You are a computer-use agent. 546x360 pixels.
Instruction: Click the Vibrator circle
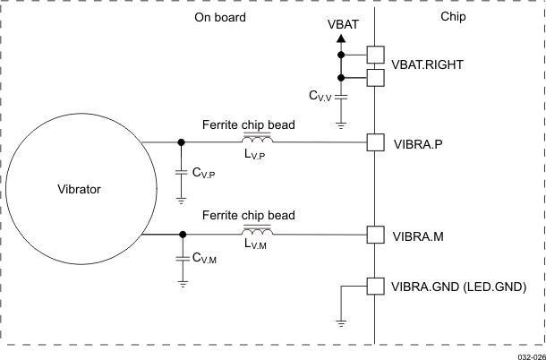tap(75, 189)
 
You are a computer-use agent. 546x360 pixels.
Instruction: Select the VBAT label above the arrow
tap(341, 26)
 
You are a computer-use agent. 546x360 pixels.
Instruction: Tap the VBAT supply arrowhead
tap(341, 40)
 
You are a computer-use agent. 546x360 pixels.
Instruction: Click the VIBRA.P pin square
tap(376, 142)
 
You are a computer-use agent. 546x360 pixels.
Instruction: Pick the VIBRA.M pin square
tap(376, 235)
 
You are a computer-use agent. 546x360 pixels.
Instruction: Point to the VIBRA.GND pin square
tap(376, 287)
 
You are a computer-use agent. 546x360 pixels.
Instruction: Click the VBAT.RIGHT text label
tap(431, 66)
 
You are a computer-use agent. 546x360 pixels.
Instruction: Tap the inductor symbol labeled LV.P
tap(258, 141)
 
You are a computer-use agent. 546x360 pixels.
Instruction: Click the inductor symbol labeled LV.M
tap(258, 233)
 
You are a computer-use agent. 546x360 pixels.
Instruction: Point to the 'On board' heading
tap(219, 17)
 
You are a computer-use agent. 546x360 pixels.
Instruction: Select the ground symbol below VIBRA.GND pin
tap(342, 321)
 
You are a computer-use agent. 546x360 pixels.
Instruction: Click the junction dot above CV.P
tap(183, 141)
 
